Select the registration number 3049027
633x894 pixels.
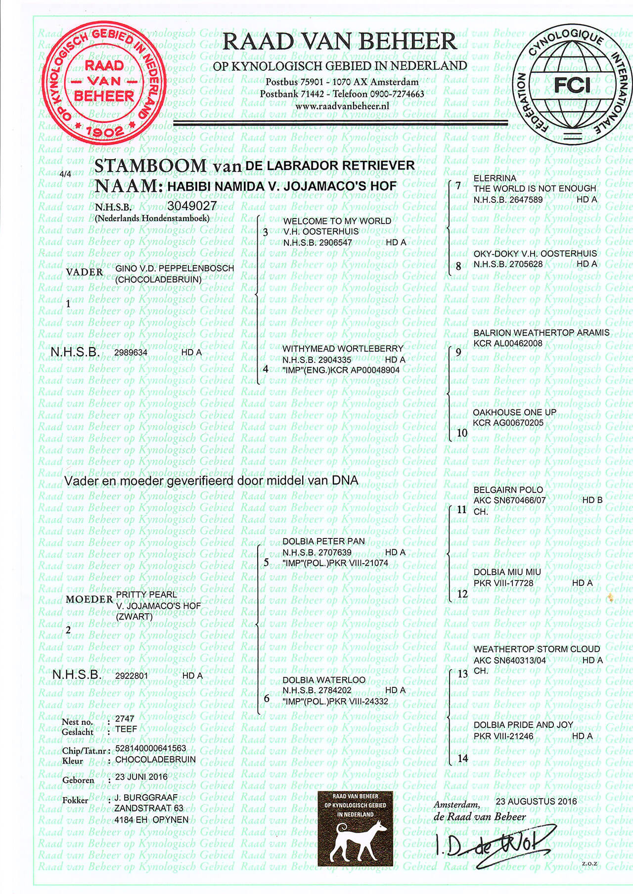click(192, 205)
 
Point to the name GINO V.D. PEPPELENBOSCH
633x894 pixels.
click(175, 268)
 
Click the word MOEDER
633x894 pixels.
click(90, 599)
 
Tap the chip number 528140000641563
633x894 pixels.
click(150, 749)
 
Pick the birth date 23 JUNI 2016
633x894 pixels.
click(141, 776)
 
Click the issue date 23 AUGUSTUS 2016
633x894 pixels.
click(536, 801)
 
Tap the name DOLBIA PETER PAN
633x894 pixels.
click(323, 541)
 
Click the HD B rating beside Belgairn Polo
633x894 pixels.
click(592, 500)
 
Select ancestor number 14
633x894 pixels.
click(462, 759)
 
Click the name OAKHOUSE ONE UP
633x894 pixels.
click(514, 412)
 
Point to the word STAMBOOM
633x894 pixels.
click(150, 166)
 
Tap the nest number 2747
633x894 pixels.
click(125, 719)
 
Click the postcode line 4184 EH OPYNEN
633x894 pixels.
click(151, 820)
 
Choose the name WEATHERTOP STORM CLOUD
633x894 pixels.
click(537, 649)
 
